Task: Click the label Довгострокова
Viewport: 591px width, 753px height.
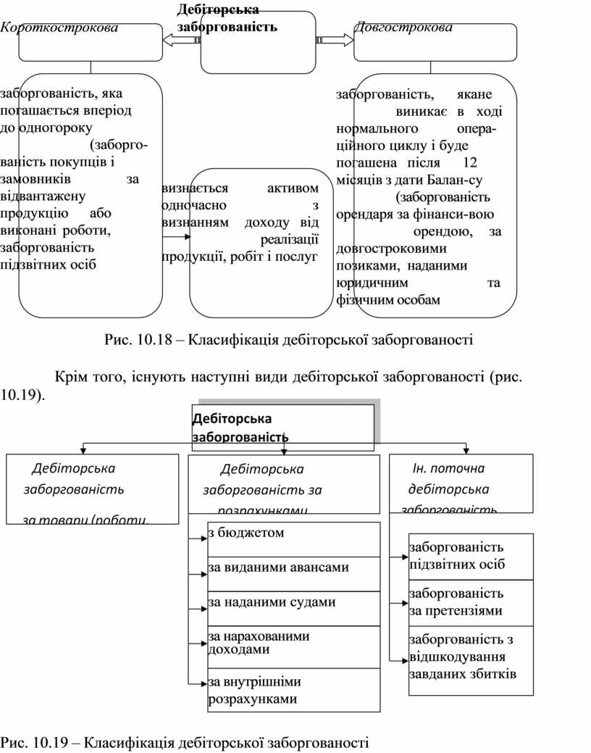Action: coord(403,28)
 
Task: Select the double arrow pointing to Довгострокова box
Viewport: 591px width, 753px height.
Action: coord(335,41)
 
